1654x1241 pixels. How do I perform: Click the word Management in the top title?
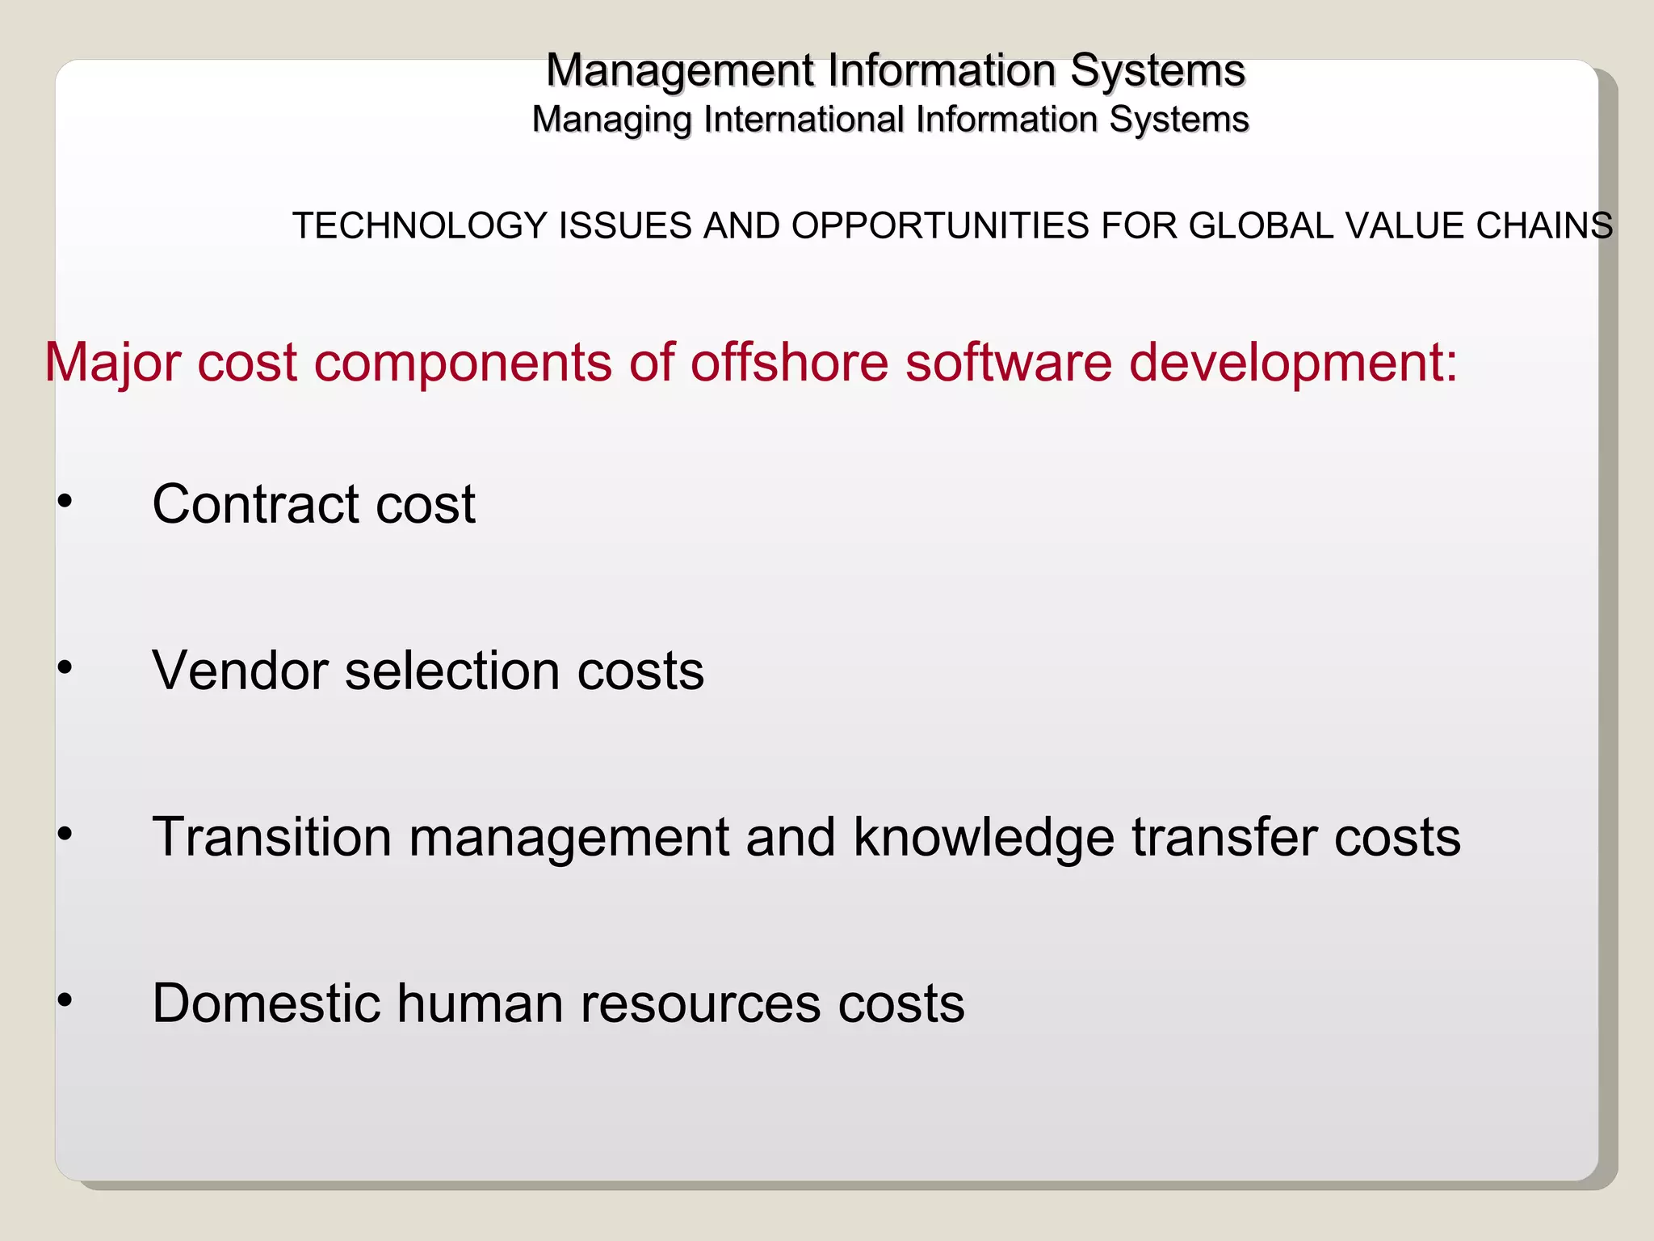680,71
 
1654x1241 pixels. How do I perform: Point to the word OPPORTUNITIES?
940,225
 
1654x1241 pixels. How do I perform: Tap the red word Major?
112,363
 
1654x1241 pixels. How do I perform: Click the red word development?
1292,363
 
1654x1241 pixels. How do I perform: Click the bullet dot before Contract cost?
65,502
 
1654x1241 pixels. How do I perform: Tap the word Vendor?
240,671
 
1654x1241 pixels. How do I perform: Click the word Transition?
271,837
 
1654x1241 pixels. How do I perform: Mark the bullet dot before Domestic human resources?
65,1000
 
